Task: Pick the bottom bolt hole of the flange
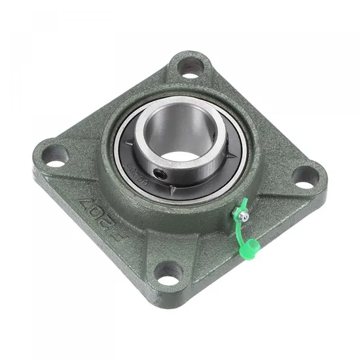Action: point(169,274)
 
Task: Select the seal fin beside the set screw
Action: point(171,186)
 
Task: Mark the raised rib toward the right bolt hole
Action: point(268,187)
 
